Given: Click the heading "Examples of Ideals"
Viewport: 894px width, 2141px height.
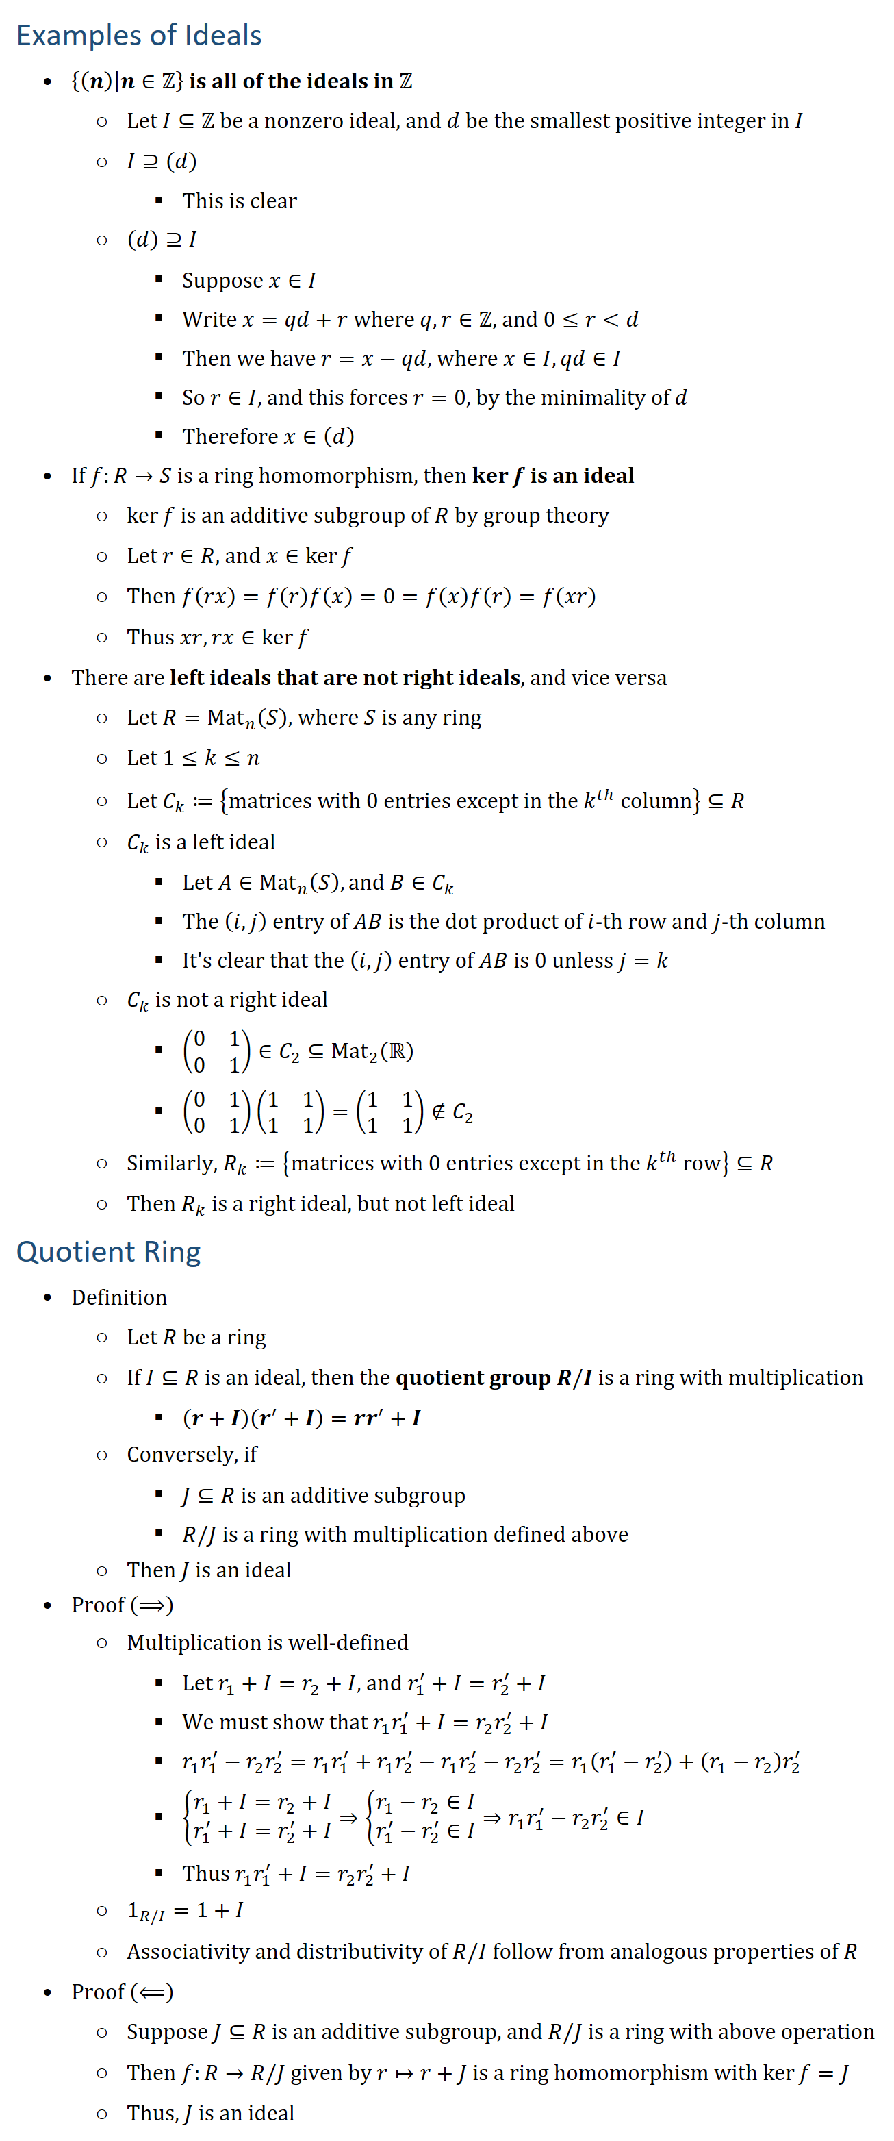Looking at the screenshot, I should pyautogui.click(x=139, y=36).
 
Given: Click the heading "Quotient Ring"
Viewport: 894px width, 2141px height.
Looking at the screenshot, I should pyautogui.click(x=108, y=1252).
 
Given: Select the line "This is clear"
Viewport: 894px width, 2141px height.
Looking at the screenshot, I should pyautogui.click(x=240, y=201).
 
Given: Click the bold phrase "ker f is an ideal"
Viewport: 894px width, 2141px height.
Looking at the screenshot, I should pyautogui.click(x=552, y=476).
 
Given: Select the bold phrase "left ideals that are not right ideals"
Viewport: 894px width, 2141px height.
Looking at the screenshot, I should pyautogui.click(x=345, y=678).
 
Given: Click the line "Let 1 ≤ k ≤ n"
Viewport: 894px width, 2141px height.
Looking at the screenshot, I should pyautogui.click(x=193, y=758).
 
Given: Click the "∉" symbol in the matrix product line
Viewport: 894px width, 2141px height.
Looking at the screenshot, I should pyautogui.click(x=438, y=1112).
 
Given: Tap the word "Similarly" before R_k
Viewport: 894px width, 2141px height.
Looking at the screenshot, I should pyautogui.click(x=170, y=1164).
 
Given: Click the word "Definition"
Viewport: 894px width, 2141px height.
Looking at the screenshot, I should pyautogui.click(x=119, y=1297).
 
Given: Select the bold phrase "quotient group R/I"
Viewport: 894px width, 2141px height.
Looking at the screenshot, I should pyautogui.click(x=494, y=1378).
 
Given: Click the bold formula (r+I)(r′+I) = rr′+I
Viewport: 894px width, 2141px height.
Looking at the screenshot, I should pyautogui.click(x=302, y=1418).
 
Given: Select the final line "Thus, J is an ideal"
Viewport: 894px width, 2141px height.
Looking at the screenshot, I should pyautogui.click(x=210, y=2113).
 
